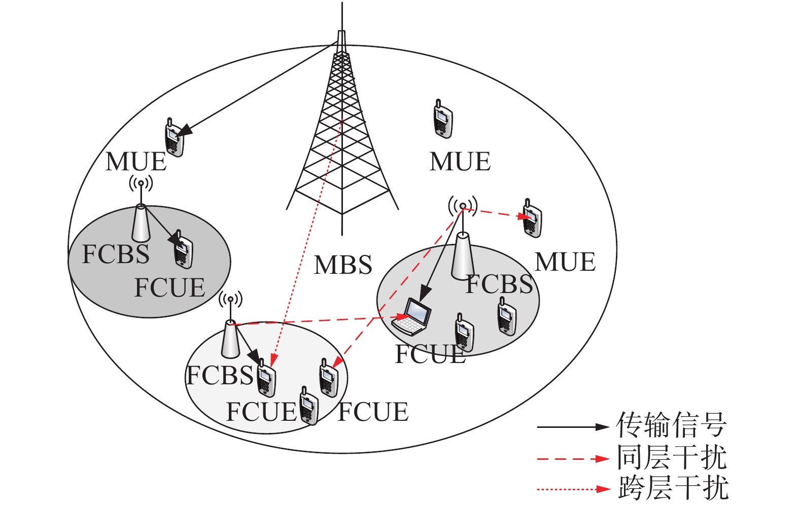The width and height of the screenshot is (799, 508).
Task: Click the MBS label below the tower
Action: point(343,265)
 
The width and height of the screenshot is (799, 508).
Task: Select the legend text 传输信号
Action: point(671,425)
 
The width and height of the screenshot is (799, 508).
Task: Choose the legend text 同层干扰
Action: point(672,458)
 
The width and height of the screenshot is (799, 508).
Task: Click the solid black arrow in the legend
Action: point(573,427)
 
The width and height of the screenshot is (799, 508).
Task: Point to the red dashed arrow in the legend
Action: point(573,459)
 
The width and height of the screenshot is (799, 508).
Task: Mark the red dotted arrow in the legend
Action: point(573,489)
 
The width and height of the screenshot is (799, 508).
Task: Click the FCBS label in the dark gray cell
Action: point(116,254)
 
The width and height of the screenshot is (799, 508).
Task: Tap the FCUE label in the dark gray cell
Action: point(169,288)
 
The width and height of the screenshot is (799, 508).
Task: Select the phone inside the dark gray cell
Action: point(183,250)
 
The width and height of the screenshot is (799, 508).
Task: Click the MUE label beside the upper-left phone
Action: point(136,162)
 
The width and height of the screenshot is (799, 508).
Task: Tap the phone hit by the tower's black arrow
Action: point(174,138)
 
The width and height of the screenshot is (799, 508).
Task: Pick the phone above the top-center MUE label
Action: point(443,120)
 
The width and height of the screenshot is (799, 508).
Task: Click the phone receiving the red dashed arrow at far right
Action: point(532,219)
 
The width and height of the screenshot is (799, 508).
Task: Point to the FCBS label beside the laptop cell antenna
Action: point(499,284)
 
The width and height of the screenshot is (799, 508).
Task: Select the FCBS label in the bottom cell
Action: point(220,376)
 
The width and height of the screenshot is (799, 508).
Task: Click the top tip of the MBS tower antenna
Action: point(342,4)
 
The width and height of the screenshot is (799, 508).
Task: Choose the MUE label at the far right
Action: point(565,262)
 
